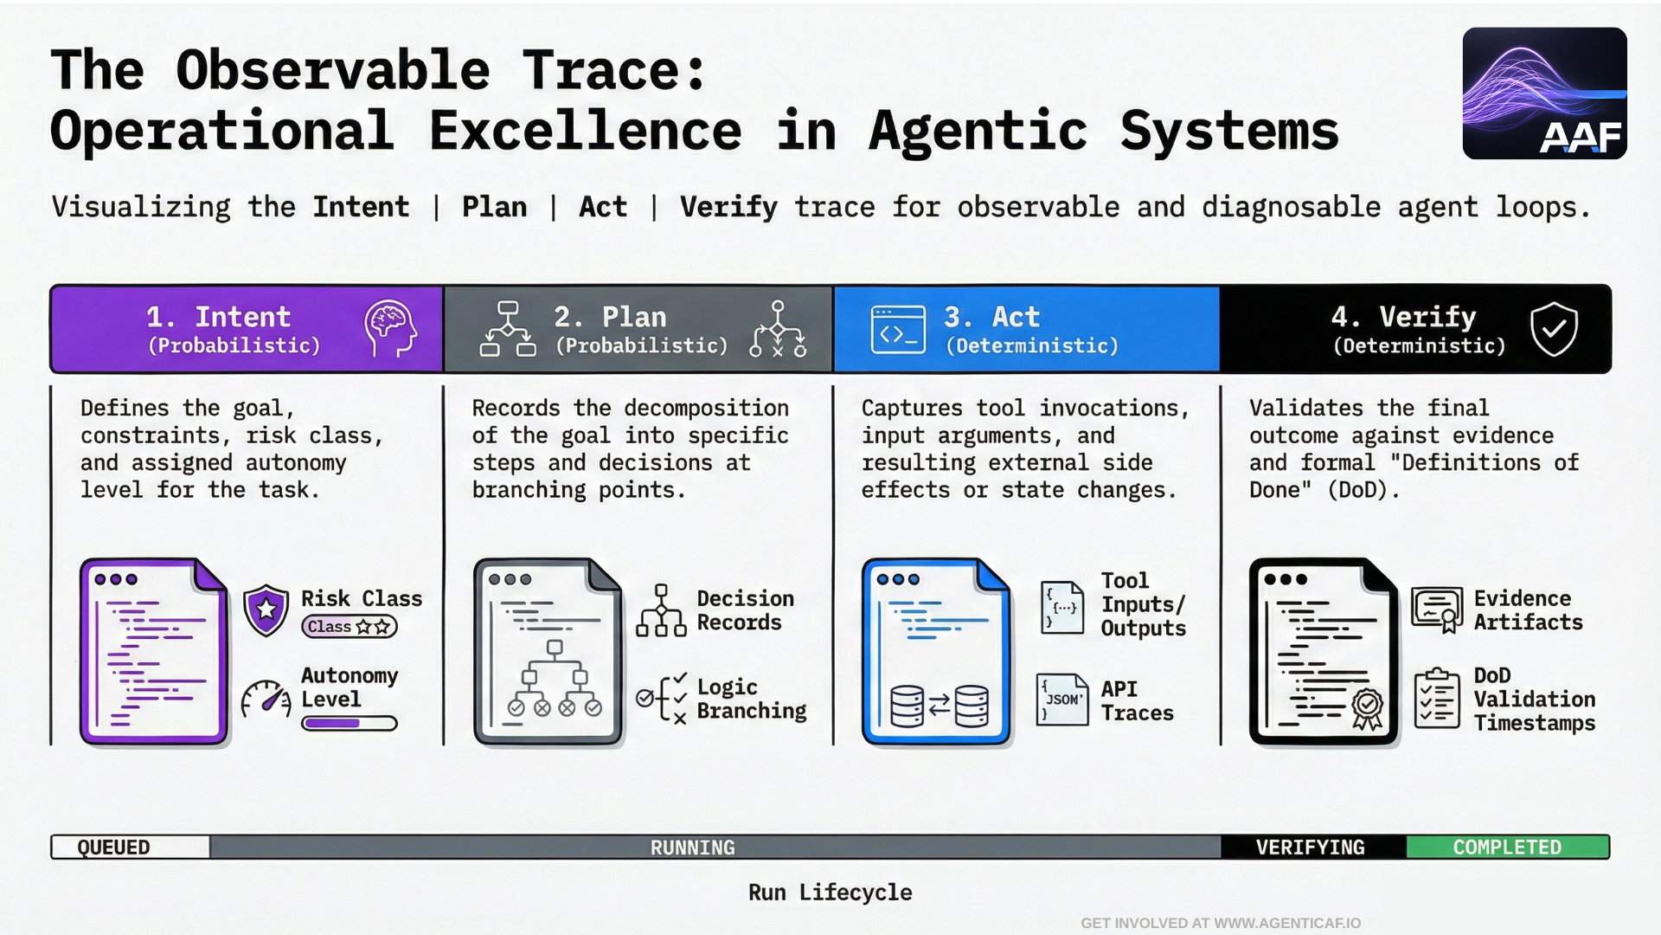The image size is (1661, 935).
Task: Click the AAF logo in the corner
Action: pyautogui.click(x=1544, y=93)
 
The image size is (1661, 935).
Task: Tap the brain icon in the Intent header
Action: pyautogui.click(x=390, y=329)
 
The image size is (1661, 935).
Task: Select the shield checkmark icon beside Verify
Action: pyautogui.click(x=1554, y=329)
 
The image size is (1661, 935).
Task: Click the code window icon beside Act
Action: pyautogui.click(x=898, y=330)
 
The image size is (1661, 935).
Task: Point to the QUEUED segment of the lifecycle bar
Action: pyautogui.click(x=130, y=847)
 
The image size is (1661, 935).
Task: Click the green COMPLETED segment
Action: pyautogui.click(x=1507, y=847)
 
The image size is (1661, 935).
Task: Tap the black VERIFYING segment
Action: pyautogui.click(x=1311, y=847)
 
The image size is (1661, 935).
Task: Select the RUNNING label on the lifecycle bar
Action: pyautogui.click(x=692, y=848)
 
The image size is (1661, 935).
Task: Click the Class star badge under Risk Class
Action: pyautogui.click(x=349, y=627)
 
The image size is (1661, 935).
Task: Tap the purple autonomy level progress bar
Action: pyautogui.click(x=349, y=724)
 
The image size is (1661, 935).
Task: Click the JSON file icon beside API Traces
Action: pyautogui.click(x=1061, y=700)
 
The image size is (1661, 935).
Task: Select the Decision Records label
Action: pyautogui.click(x=744, y=610)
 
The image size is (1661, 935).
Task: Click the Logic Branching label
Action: pyautogui.click(x=751, y=699)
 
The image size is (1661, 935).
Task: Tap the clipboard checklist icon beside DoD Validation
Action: pyautogui.click(x=1437, y=699)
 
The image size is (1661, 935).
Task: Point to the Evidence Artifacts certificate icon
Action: pyautogui.click(x=1437, y=609)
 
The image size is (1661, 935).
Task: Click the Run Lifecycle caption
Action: pyautogui.click(x=830, y=893)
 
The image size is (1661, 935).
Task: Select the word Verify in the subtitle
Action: pyautogui.click(x=728, y=207)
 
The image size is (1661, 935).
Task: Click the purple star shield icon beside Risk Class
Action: pyautogui.click(x=266, y=609)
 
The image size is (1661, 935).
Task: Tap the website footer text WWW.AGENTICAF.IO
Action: pyautogui.click(x=1286, y=923)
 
